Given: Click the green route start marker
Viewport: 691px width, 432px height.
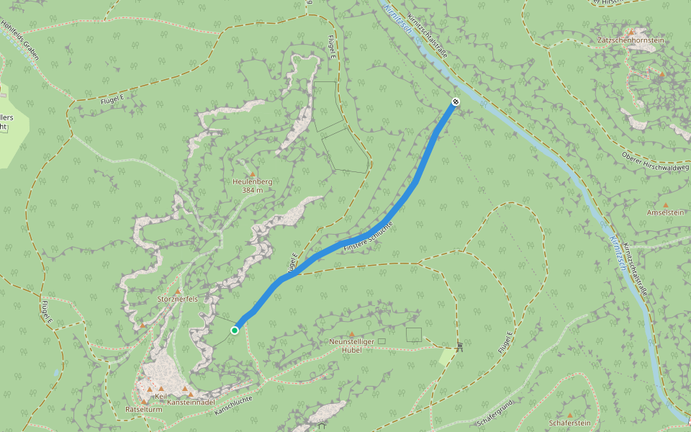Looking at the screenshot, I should (235, 330).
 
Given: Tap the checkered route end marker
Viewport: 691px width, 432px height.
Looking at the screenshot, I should (456, 102).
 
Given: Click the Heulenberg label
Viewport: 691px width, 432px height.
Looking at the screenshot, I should (253, 182).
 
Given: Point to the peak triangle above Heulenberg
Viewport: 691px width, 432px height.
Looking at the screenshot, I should (253, 174).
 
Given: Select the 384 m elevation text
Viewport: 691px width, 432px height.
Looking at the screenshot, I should (253, 191).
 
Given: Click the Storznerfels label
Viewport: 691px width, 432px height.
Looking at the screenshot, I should (177, 298).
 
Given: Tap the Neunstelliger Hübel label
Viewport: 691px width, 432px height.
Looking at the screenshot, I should (352, 345).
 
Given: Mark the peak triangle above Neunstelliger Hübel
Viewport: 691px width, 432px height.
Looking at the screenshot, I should (352, 333).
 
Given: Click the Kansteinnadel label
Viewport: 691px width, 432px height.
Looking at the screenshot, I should (191, 402).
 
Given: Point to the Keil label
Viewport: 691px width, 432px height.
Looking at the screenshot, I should (161, 396).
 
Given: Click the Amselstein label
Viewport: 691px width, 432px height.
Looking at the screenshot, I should (665, 212).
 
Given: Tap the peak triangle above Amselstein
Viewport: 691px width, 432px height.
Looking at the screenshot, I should (665, 204).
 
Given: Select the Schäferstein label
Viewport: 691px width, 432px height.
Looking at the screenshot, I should (569, 423).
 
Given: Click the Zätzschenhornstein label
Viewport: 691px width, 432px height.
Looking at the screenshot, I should (631, 40).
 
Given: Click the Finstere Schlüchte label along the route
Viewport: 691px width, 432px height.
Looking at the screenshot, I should (369, 237).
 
